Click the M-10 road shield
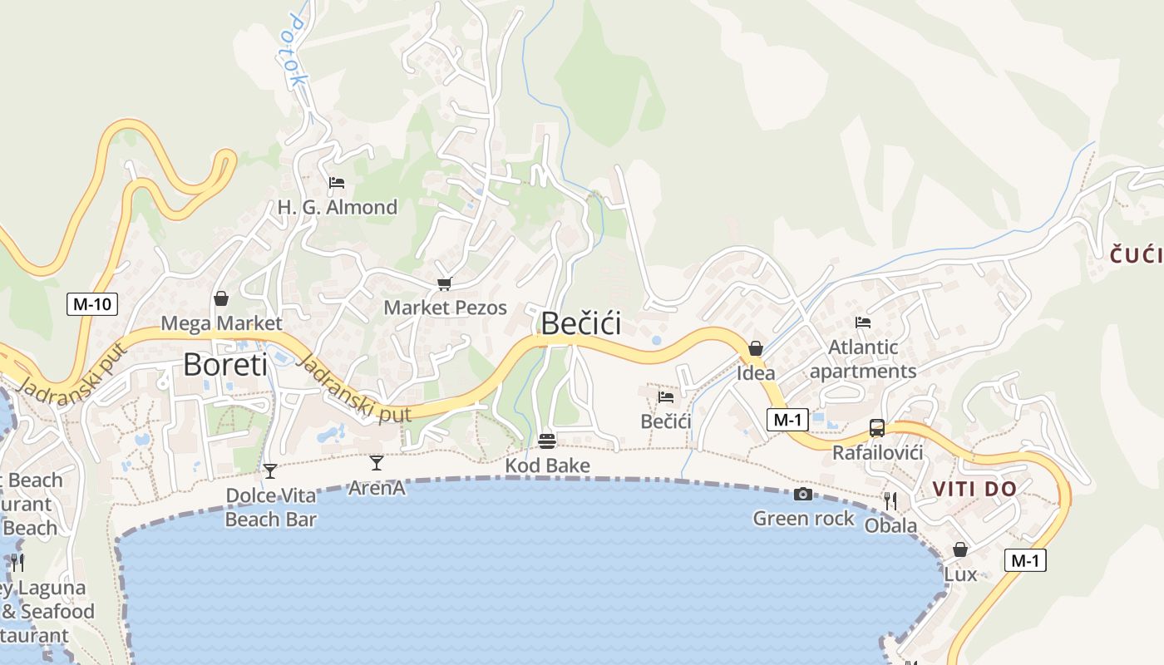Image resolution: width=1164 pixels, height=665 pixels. pos(91,304)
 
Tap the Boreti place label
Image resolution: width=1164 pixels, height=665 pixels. pos(225,364)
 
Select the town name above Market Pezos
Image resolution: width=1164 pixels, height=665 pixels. pos(580,323)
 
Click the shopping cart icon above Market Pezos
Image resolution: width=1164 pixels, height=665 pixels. pos(445,284)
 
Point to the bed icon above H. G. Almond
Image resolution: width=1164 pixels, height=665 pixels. pos(337,183)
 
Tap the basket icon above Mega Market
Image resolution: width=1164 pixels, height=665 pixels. pos(221,298)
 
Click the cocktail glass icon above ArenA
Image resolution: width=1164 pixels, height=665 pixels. pos(377,463)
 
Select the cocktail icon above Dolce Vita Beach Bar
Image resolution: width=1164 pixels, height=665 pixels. pos(270,471)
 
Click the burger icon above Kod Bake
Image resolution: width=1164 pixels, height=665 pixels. pos(547,441)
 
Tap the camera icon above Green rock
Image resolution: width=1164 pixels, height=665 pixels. pos(803,494)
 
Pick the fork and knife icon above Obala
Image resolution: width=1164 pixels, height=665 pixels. pos(890,500)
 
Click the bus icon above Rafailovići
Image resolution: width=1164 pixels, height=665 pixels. pos(877,428)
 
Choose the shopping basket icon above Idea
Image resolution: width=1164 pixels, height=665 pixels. pos(756,348)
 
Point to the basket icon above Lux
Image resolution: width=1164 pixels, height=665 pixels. pos(960,549)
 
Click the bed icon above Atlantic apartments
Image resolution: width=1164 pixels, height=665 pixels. pos(863,323)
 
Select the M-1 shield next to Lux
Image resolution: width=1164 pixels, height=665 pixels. pos(1024,561)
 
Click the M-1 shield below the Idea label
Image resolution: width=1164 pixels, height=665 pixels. pos(787,420)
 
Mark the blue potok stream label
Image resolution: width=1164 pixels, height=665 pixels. pos(293,52)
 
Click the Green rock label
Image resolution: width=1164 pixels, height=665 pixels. pos(803,519)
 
